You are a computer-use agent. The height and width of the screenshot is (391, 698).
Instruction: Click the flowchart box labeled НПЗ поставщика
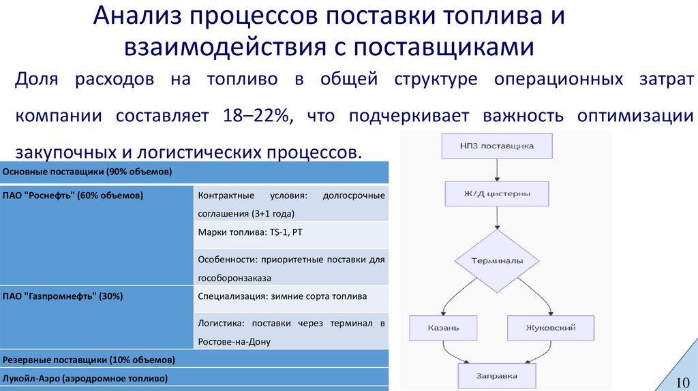[x=497, y=146]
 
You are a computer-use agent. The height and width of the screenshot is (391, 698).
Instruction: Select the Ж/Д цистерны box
[x=497, y=193]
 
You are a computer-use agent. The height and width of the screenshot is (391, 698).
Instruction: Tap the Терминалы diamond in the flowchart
[x=497, y=261]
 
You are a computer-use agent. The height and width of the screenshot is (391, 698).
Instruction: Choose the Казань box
[x=443, y=328]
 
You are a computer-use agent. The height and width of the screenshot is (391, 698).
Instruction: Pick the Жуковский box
[x=551, y=328]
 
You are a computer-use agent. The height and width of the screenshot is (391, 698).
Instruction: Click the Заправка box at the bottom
[x=497, y=375]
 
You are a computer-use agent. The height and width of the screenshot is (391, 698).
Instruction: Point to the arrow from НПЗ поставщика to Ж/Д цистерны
[x=497, y=170]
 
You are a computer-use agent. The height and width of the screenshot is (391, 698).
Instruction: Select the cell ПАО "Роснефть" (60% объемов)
[x=73, y=196]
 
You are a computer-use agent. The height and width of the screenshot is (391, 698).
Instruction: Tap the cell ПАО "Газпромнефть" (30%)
[x=63, y=296]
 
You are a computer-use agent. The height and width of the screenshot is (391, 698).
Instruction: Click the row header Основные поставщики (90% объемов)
[x=87, y=171]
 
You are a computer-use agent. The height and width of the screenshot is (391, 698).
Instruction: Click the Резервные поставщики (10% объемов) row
[x=89, y=359]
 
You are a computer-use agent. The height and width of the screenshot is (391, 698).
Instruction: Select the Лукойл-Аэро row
[x=85, y=377]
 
